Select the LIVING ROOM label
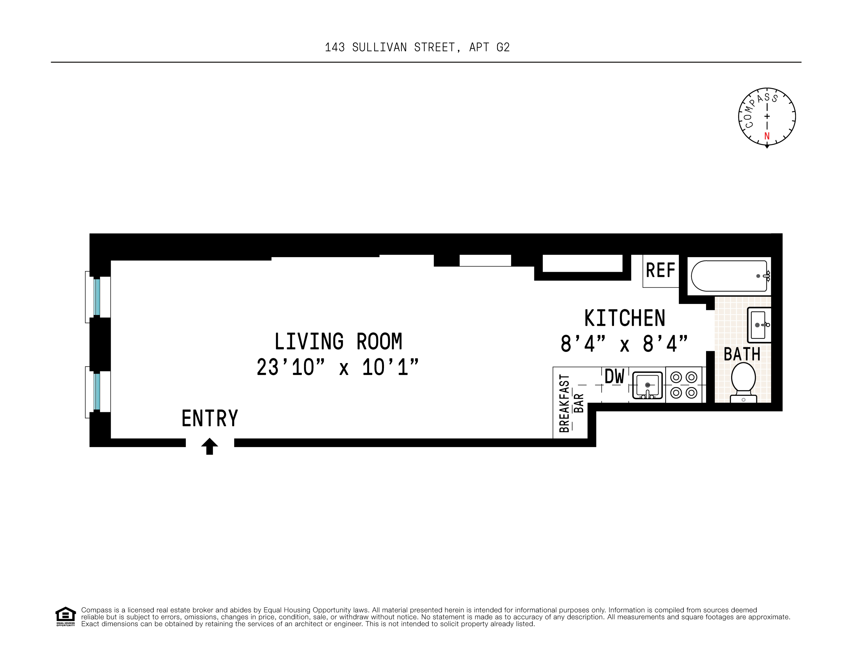coord(338,342)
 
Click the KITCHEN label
coord(625,318)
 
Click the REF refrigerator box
coord(660,271)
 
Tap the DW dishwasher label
coord(614,377)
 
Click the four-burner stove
coord(684,385)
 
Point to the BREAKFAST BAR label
coord(571,403)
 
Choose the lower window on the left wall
coord(97,392)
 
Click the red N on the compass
coord(767,136)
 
